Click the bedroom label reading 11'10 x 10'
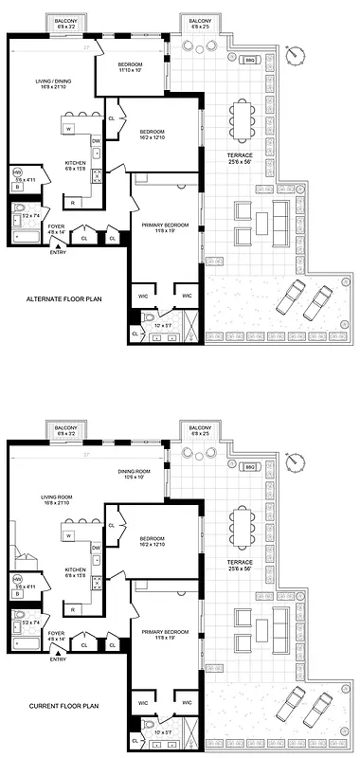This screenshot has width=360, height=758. [131, 67]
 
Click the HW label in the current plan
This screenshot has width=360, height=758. [17, 578]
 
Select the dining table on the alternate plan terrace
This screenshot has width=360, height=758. [243, 119]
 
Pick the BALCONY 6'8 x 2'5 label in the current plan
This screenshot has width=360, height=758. [200, 430]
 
